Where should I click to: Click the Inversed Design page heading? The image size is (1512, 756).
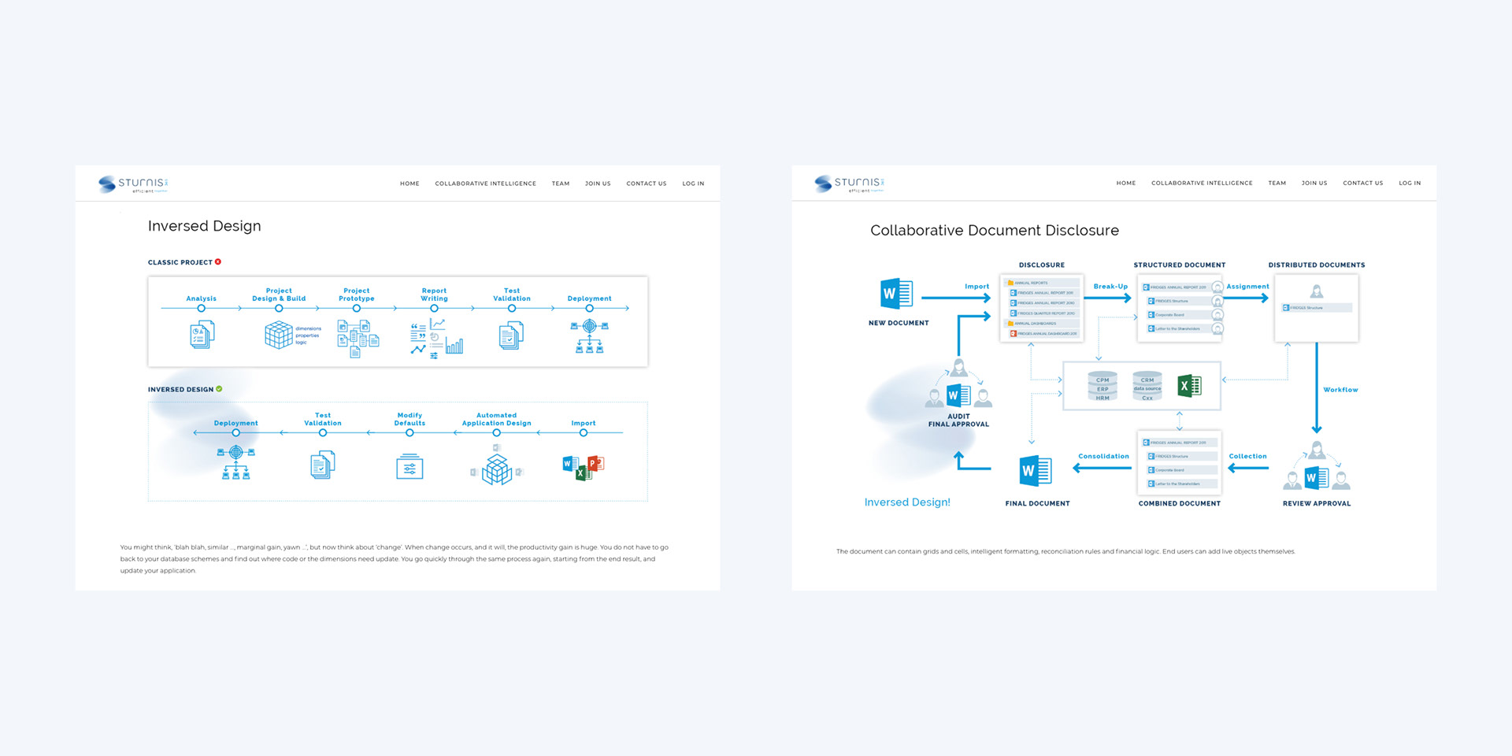[204, 226]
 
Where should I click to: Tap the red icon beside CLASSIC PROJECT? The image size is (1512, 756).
[218, 261]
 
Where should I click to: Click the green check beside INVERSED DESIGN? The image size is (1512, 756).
[219, 389]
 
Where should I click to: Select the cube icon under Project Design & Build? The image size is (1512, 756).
[278, 335]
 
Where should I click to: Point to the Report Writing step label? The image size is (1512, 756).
[434, 295]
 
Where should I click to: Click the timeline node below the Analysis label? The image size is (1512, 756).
[201, 309]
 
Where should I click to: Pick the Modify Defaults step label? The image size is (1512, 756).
[409, 419]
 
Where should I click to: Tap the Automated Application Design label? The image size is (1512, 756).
[496, 419]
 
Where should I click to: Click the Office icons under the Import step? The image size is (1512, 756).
[583, 467]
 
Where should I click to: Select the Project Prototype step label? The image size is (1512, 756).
[356, 295]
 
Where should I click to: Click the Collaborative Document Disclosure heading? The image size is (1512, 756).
[994, 231]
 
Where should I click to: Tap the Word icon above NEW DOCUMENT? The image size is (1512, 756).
[896, 294]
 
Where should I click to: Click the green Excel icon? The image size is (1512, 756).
[1189, 385]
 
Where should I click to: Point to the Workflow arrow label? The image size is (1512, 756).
[1340, 390]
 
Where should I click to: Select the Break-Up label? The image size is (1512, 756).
[1110, 287]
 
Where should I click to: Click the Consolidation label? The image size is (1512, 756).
[1103, 456]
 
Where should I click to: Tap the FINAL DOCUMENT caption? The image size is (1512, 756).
[1037, 503]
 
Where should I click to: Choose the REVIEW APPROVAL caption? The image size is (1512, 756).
[1316, 503]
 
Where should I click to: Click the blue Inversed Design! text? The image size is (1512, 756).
[907, 502]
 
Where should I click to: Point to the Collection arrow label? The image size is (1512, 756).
[1247, 456]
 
